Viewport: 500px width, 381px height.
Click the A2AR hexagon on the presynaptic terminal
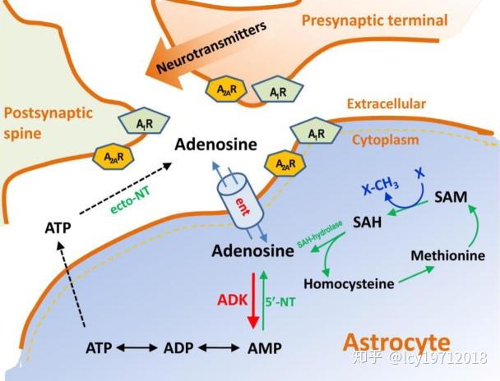pos(226,89)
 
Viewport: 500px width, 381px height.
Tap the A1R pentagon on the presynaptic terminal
pos(278,90)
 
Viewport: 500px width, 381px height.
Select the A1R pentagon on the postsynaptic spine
pos(144,121)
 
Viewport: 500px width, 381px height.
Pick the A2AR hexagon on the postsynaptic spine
pos(113,156)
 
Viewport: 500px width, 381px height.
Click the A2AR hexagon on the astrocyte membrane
pos(285,163)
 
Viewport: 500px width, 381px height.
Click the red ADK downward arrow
pos(253,301)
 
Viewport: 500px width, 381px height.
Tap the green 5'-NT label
pos(280,301)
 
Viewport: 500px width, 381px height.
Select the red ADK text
pos(233,300)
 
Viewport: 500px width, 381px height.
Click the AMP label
pos(265,348)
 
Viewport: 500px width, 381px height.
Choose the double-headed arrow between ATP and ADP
pos(137,348)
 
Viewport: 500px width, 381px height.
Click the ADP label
pos(178,348)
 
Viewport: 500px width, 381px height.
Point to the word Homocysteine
pos(349,283)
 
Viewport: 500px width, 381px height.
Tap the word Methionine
pos(447,255)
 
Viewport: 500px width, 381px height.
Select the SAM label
pos(451,197)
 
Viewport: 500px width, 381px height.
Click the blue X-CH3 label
pos(381,186)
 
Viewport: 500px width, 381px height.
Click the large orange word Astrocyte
pos(396,342)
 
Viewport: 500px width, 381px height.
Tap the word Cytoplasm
pos(385,140)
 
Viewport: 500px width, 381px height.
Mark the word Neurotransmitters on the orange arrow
pos(211,48)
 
